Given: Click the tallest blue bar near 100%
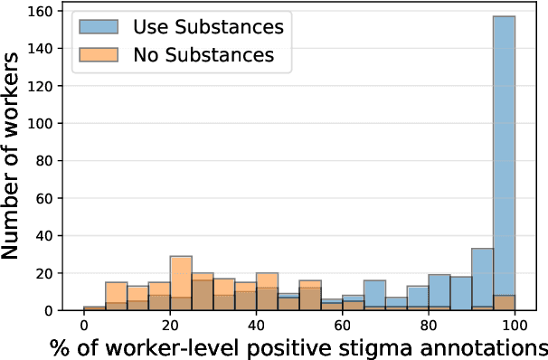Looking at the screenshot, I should click(x=505, y=163).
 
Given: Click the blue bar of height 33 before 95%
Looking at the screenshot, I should click(x=483, y=279).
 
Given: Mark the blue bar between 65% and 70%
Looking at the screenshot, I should click(x=375, y=296).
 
